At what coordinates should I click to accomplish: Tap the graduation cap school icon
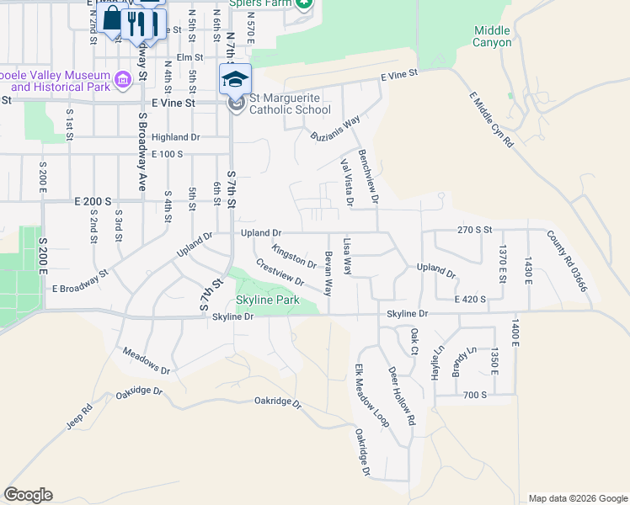click(235, 80)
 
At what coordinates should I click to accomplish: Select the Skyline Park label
click(267, 300)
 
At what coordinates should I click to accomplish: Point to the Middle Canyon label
click(492, 36)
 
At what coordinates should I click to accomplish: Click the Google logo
click(28, 495)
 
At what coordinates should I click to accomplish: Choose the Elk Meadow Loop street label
click(371, 396)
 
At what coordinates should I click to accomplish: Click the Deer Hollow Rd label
click(402, 395)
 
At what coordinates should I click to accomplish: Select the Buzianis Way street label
click(334, 127)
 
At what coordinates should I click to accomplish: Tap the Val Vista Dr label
click(346, 181)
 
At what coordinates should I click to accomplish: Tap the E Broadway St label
click(80, 281)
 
